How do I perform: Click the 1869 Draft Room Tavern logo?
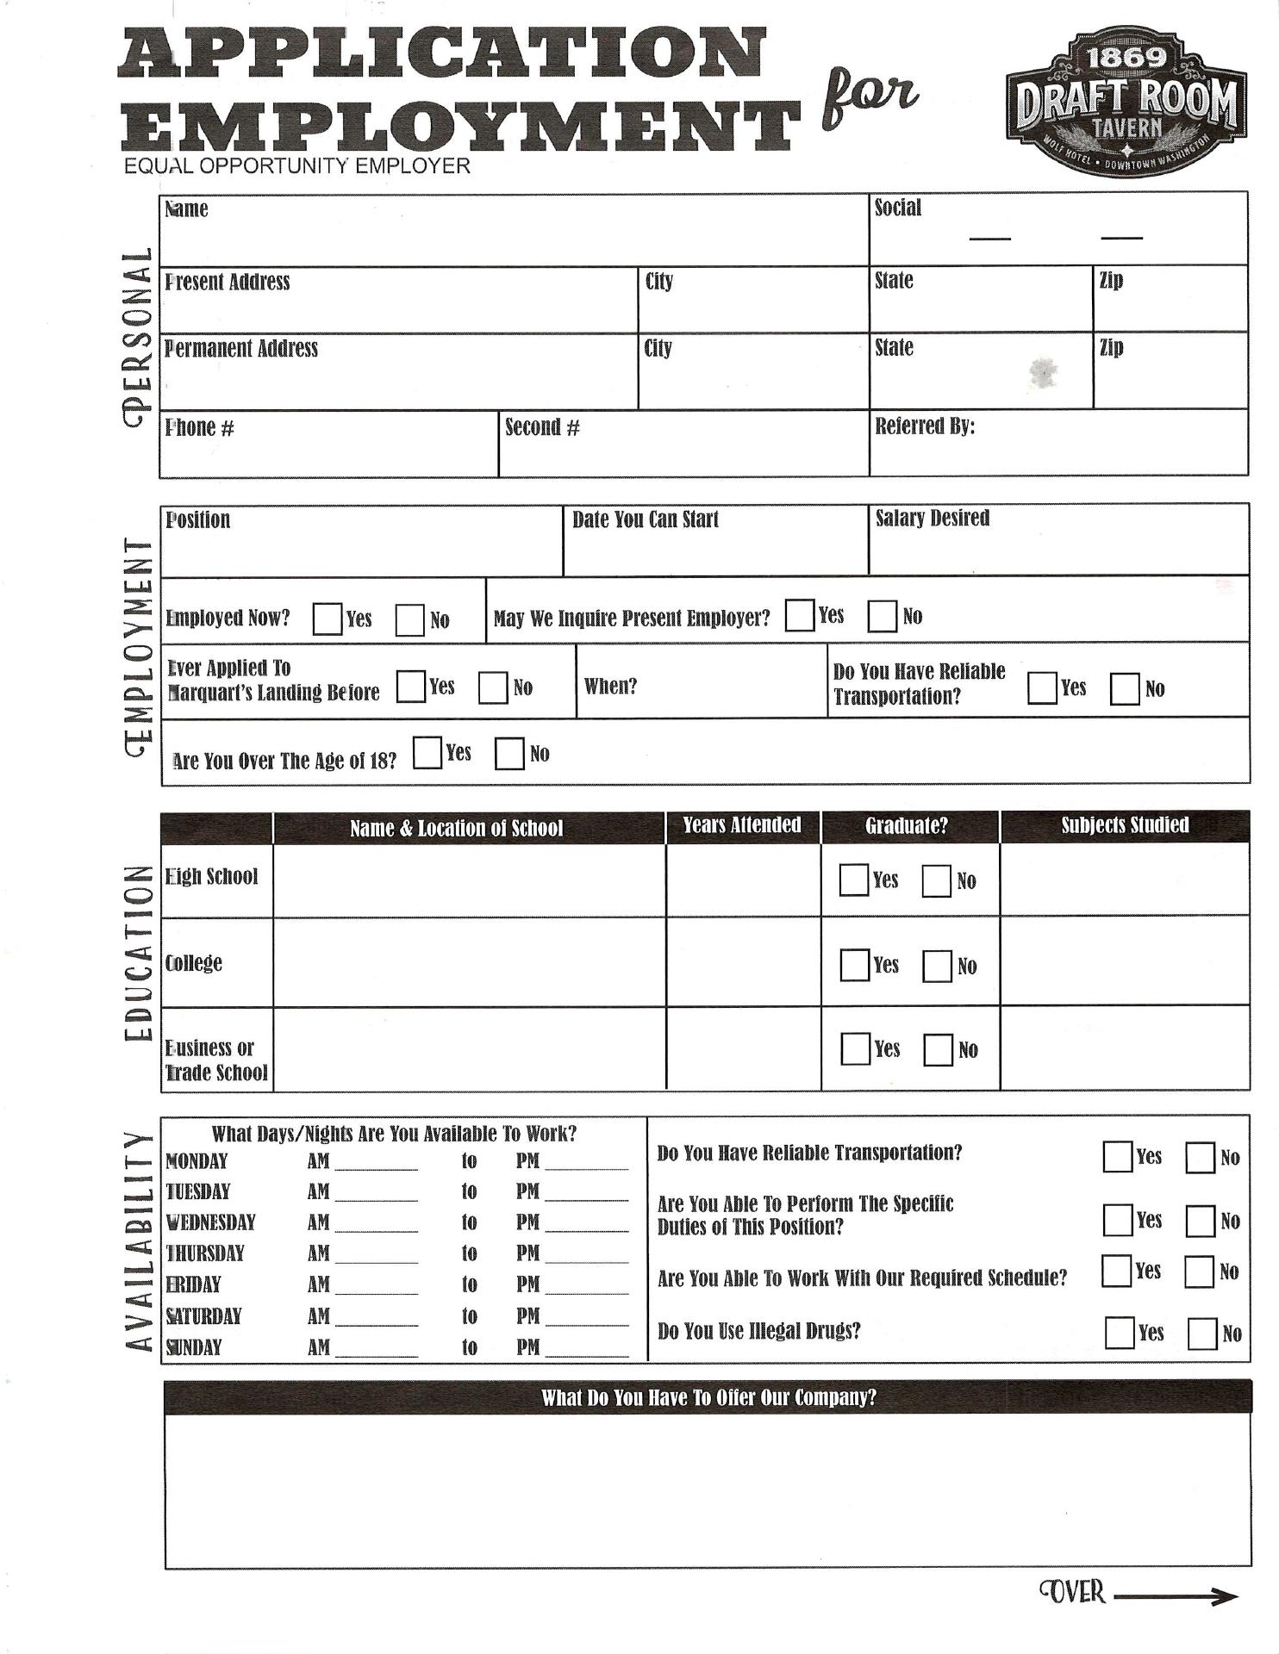(1124, 102)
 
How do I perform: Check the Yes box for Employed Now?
(327, 619)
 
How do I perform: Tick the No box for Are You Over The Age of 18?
(509, 754)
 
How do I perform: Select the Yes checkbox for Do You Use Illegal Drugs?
(1119, 1333)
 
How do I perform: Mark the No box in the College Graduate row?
(937, 966)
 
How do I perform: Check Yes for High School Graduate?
(853, 880)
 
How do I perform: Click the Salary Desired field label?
(932, 519)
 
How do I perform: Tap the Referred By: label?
(924, 426)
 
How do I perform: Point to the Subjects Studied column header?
(1124, 825)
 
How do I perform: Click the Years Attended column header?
(741, 825)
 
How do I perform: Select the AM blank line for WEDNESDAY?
(376, 1224)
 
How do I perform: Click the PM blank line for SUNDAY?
(587, 1349)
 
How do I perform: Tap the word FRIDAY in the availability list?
(193, 1284)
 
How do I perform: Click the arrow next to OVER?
(1176, 1596)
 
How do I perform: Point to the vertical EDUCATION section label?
(136, 953)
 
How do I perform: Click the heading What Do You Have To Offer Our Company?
(708, 1397)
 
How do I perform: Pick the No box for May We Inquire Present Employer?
(882, 616)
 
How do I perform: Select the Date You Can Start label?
(645, 519)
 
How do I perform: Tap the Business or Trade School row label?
(216, 1060)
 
